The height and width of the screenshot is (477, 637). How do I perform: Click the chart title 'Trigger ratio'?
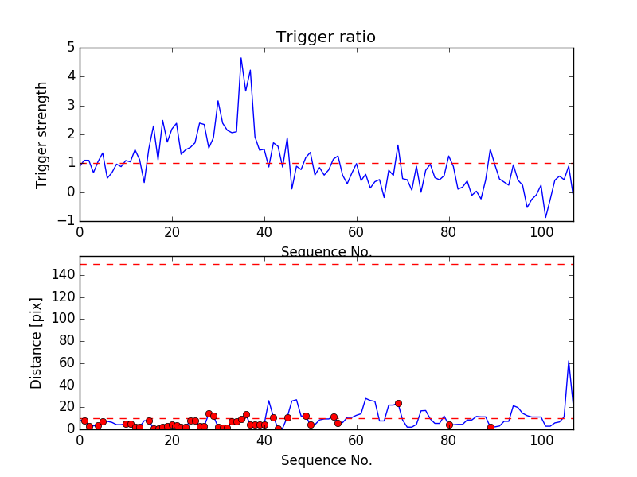(326, 37)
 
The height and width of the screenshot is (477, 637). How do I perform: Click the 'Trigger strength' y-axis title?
(42, 135)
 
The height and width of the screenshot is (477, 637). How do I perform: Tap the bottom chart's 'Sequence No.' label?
(326, 460)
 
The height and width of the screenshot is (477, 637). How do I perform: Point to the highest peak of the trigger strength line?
(241, 57)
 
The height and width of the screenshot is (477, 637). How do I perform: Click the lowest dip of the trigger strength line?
(545, 217)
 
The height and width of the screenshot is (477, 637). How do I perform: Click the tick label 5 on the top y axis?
(70, 48)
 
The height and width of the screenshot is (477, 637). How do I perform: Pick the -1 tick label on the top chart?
(67, 221)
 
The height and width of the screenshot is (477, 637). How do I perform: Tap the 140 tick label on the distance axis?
(64, 275)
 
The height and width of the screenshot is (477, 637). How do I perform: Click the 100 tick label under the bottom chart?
(541, 442)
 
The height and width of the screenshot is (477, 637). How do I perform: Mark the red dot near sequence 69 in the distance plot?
(398, 403)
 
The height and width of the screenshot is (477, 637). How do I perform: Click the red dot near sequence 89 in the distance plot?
(490, 427)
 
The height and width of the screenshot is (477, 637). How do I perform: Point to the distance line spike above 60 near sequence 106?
(569, 361)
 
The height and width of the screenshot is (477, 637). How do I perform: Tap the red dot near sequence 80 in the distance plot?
(449, 425)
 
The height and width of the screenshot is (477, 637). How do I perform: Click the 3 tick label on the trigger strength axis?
(70, 106)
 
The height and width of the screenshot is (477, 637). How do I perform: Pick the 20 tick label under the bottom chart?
(172, 442)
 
